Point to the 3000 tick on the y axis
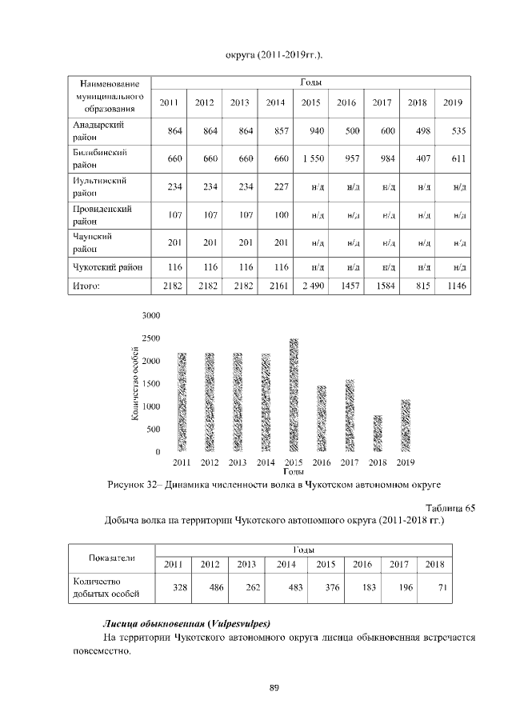[x=151, y=315]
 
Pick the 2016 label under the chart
[x=322, y=462]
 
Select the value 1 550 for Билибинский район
[x=311, y=158]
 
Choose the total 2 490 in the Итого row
[x=311, y=286]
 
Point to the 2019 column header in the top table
[x=453, y=102]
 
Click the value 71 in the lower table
[x=434, y=587]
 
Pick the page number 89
[x=273, y=687]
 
